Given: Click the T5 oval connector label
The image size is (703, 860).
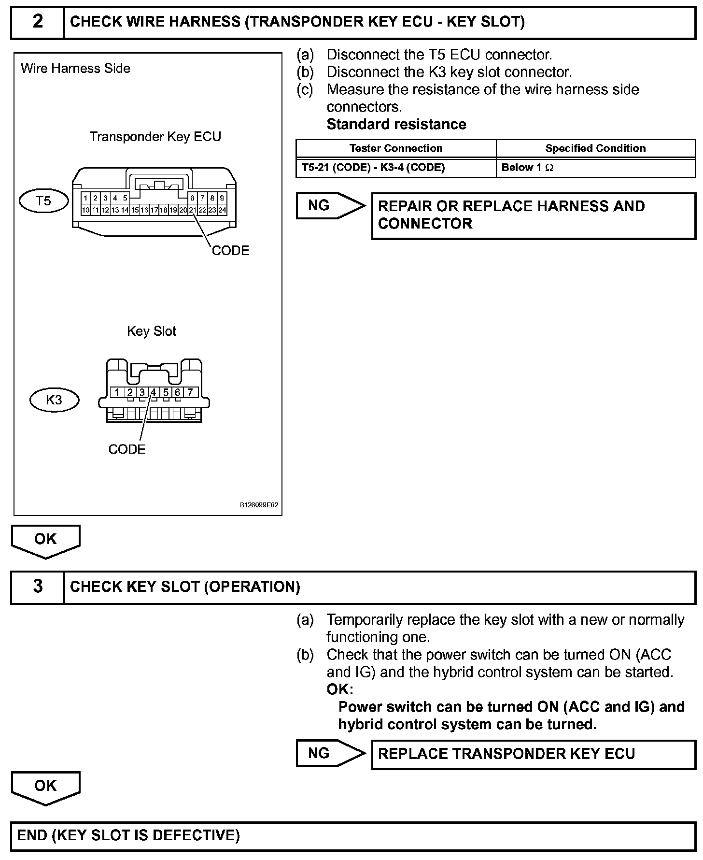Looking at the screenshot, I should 43,201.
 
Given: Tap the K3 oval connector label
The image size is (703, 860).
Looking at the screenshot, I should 54,400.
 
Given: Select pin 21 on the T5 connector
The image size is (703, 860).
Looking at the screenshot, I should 193,210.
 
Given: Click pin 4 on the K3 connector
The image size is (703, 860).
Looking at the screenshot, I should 154,392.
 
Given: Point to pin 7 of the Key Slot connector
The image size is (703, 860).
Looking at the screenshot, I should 190,392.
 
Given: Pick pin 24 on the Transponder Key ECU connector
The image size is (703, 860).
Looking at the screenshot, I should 222,210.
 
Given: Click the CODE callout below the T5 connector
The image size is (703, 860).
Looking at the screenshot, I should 230,251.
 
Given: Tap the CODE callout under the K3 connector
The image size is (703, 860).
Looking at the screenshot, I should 127,449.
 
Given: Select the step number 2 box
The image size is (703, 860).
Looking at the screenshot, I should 38,22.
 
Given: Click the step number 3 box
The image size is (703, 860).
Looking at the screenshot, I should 38,587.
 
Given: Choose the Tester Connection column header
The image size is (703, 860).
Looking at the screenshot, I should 396,148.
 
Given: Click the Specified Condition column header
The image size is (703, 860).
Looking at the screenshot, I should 595,148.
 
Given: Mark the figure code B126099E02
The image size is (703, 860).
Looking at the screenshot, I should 259,505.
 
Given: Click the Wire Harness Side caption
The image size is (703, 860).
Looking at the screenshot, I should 75,69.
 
